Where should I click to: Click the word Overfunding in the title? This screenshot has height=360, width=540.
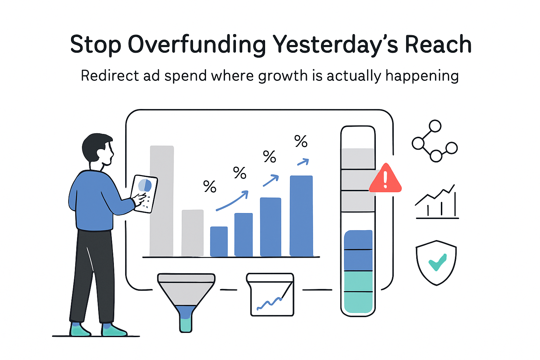point(197,45)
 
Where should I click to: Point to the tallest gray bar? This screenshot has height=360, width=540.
point(162,200)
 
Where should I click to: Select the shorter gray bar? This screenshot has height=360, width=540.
point(192,233)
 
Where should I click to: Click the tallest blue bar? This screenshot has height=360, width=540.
point(301,215)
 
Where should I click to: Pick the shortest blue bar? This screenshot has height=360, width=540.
point(219,241)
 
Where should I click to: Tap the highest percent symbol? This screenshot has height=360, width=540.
point(301,141)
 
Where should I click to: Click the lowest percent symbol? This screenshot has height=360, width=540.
point(210,186)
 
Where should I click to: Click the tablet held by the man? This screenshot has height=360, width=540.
point(144,193)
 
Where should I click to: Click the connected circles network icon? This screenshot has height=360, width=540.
point(435,141)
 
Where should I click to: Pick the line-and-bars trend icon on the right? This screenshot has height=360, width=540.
point(437,202)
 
